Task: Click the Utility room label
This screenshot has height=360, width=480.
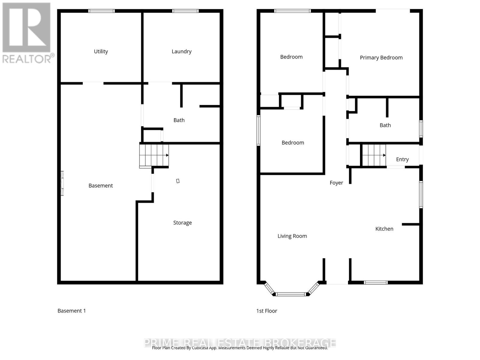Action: tap(101, 52)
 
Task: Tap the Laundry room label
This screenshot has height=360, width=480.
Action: tap(181, 52)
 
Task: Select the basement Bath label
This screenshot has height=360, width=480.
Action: tap(179, 120)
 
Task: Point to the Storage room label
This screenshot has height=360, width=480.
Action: tap(182, 223)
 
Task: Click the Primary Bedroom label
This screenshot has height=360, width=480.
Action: tap(381, 58)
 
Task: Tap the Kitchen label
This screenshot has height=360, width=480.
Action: tap(384, 229)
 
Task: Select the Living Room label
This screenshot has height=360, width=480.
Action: tap(292, 236)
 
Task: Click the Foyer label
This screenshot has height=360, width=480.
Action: tap(336, 183)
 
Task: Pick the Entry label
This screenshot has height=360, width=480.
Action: tap(402, 159)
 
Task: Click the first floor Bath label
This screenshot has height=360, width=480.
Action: tap(385, 125)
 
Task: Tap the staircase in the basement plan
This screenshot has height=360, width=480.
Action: tap(154, 155)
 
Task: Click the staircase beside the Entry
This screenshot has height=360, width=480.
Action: tap(374, 155)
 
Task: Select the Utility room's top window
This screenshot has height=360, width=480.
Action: tap(101, 11)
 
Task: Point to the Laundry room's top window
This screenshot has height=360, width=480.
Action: tap(185, 11)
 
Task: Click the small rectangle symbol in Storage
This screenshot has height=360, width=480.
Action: tap(178, 181)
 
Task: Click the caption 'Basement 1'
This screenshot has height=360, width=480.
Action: tap(72, 311)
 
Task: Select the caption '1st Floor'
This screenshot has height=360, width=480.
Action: tap(267, 311)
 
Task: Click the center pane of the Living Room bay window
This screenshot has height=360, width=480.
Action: tap(291, 294)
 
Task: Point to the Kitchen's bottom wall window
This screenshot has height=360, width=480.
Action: tap(376, 282)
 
